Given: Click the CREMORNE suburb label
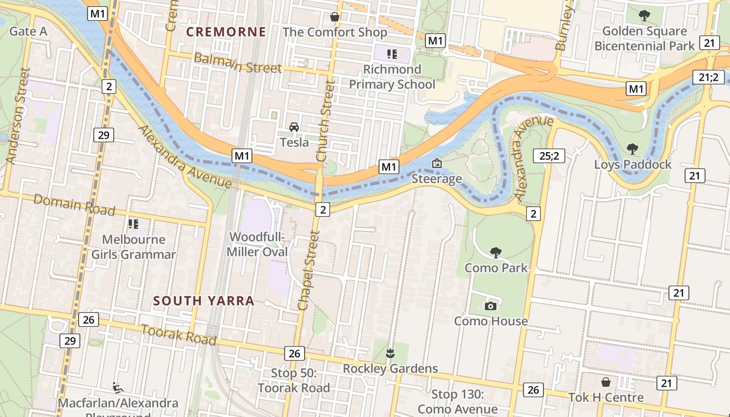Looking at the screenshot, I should pos(226,32).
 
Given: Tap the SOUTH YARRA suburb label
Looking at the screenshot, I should pos(204,301).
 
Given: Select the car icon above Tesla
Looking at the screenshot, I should pos(294,127).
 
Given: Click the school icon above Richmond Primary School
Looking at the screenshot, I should pos(392,54).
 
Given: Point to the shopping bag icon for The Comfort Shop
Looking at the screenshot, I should pos(335,17).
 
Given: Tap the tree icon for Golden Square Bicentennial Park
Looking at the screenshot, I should pos(644,16).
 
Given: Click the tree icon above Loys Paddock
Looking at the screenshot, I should pos(632,149).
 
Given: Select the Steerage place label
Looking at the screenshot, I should pos(437,179).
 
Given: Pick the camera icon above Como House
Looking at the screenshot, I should pos(490,306).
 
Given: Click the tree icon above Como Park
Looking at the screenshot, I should pos(496,253).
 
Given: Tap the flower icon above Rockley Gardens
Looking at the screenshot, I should pos(390,354).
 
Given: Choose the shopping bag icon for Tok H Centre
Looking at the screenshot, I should pos(606,383).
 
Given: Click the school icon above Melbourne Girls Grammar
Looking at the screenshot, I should pos(133,224).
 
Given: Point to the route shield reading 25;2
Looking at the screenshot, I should pos(549,155).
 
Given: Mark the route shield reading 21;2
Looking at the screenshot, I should pos(709,78).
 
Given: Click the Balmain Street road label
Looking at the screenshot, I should pos(237,63).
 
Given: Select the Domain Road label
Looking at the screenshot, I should pos(74,204).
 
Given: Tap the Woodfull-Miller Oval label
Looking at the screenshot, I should pos(258,244).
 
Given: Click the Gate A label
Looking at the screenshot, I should pos(29,31).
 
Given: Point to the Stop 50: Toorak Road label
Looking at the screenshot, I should pos(294,381).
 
